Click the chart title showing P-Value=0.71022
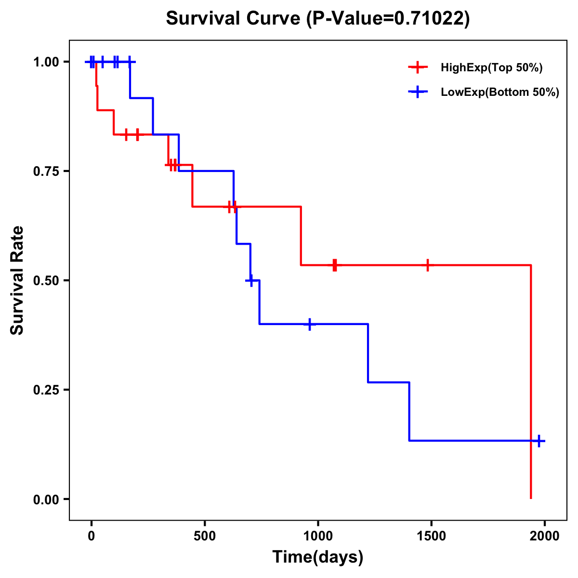pos(317,18)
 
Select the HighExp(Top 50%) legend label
pos(491,68)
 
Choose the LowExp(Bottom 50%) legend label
pos(499,92)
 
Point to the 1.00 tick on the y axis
pos(46,62)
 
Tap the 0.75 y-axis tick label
pos(46,171)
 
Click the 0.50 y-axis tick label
pos(46,280)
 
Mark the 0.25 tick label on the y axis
pos(46,390)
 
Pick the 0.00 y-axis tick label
pos(46,499)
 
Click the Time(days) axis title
pos(318,557)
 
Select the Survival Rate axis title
pos(17,280)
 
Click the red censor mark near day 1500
pos(427,265)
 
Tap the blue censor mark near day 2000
pos(539,441)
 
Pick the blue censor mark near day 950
pos(310,324)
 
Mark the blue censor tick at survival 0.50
pos(250,280)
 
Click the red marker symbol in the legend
pos(418,68)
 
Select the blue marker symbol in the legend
pos(418,92)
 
